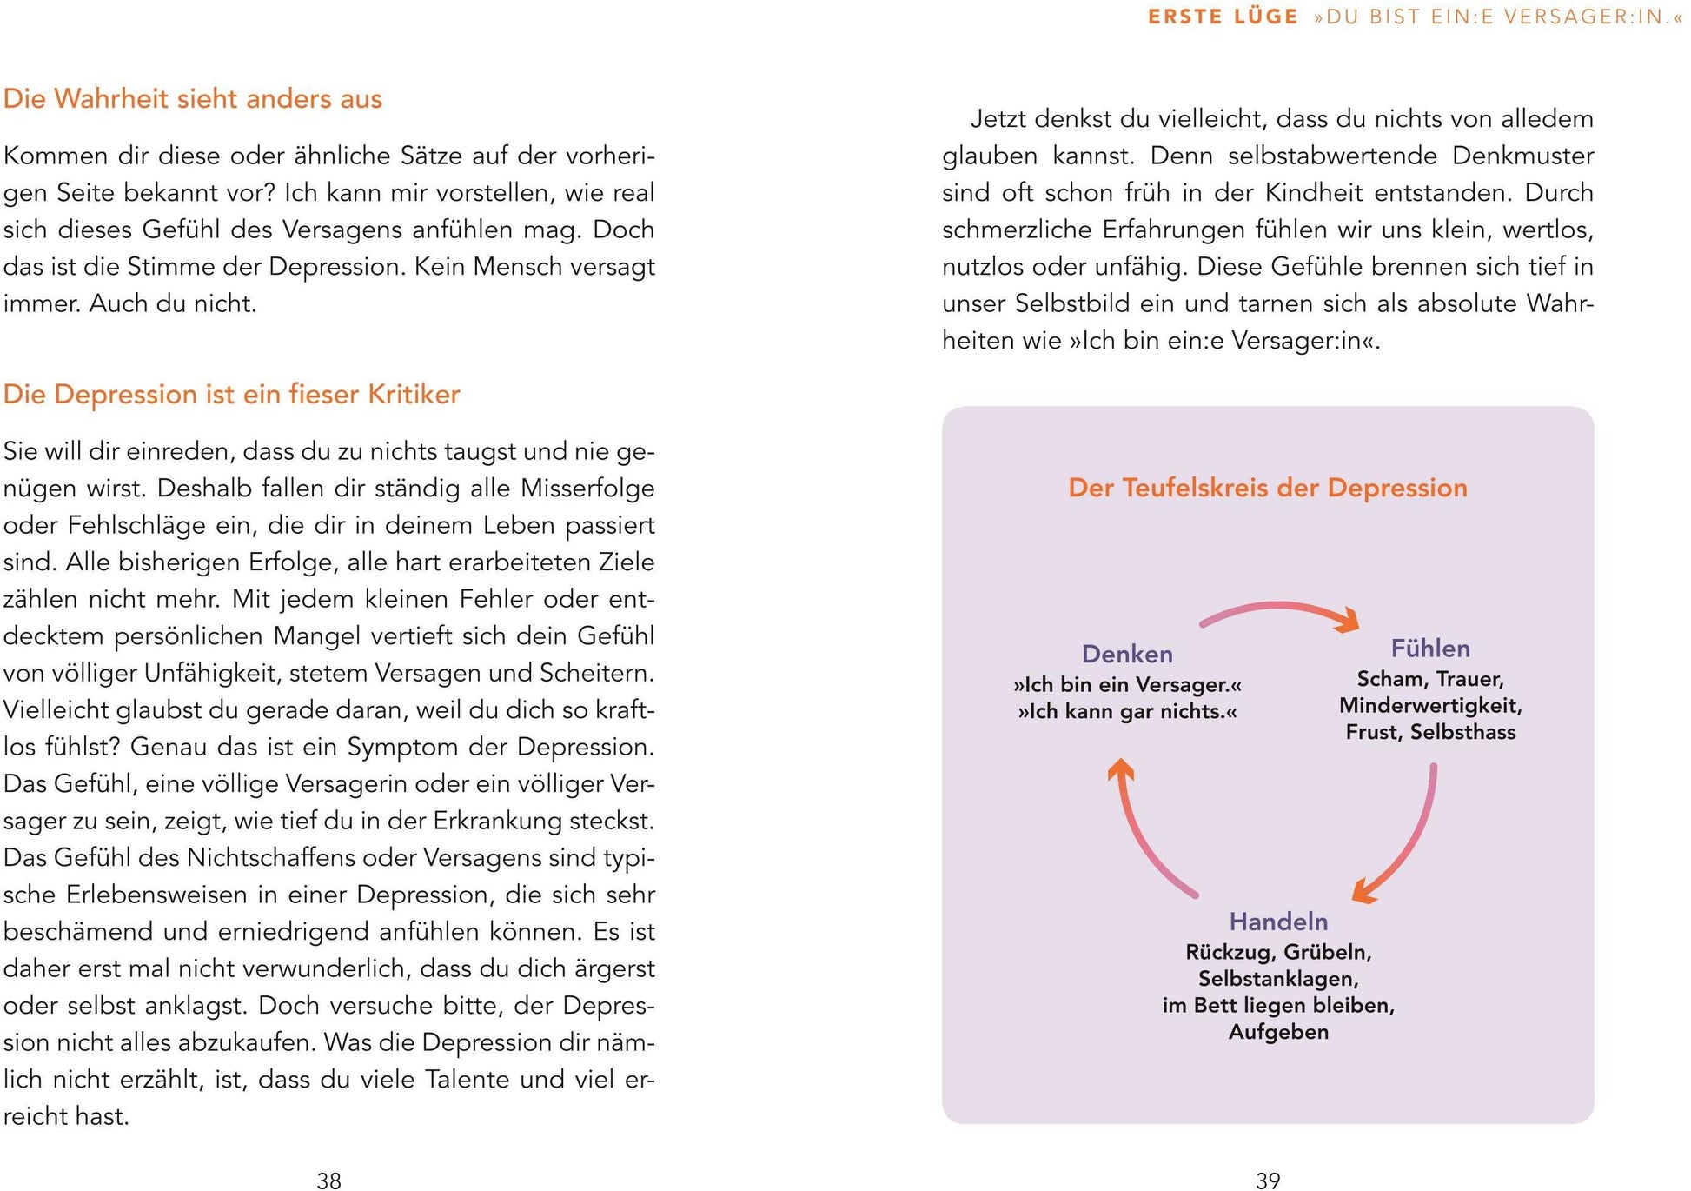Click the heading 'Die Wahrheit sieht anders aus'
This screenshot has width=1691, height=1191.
(x=193, y=99)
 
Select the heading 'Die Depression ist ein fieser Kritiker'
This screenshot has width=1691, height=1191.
(x=231, y=395)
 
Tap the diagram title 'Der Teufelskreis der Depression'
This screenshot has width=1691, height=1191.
(x=1267, y=488)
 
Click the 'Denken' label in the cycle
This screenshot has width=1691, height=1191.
(x=1127, y=654)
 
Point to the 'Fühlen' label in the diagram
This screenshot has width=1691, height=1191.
(x=1430, y=649)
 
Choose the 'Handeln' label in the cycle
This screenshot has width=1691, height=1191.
(x=1278, y=922)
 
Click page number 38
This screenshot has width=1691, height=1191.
(x=329, y=1180)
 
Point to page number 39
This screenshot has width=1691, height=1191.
(x=1268, y=1180)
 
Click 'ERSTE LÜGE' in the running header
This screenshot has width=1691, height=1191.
(x=1223, y=17)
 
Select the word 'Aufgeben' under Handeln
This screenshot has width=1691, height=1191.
(x=1278, y=1032)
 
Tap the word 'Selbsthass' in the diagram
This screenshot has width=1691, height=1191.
(x=1462, y=732)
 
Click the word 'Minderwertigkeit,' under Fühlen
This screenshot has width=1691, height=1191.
(x=1430, y=705)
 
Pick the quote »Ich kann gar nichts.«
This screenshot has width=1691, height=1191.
(x=1127, y=711)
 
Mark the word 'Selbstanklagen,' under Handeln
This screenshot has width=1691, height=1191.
(x=1278, y=979)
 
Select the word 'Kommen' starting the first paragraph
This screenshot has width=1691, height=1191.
(x=48, y=156)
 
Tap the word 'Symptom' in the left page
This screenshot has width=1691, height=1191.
(x=402, y=747)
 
